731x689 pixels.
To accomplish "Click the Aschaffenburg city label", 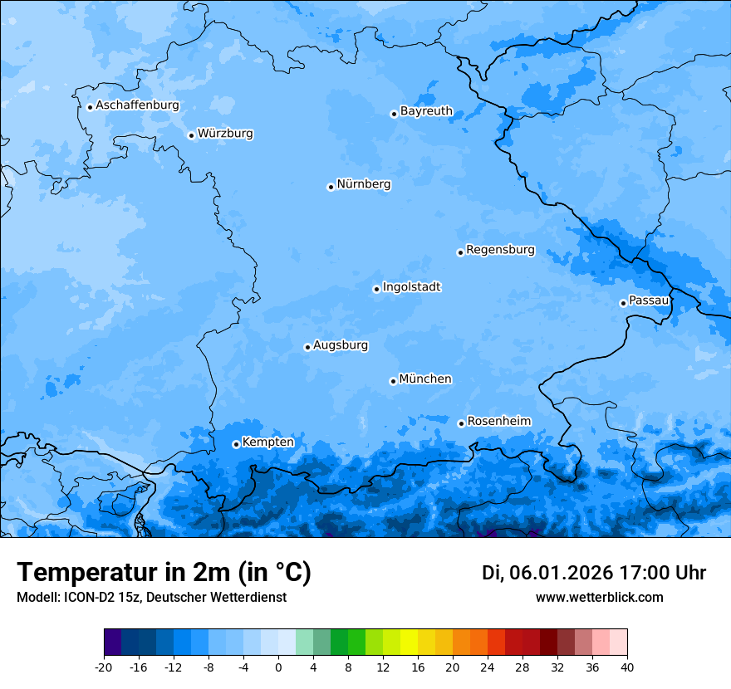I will (x=137, y=105).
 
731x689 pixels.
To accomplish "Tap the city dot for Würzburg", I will (x=191, y=135).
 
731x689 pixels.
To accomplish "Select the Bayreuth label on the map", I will (x=426, y=110).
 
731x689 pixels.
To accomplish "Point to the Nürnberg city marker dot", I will (x=331, y=187).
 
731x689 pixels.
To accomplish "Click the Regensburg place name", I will (x=500, y=249).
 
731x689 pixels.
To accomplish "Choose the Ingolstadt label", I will (x=411, y=286).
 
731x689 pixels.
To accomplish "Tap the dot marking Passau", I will (x=623, y=303).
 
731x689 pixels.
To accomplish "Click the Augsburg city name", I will (x=341, y=344).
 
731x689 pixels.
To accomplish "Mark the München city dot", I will (x=393, y=381).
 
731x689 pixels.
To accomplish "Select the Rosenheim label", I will (x=498, y=421).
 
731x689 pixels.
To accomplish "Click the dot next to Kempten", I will (x=236, y=444).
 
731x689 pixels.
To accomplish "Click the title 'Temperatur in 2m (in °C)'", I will (x=164, y=573).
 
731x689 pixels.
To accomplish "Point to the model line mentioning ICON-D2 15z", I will (x=151, y=598).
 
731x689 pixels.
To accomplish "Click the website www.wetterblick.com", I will (x=599, y=598).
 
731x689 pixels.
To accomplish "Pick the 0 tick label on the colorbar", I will (x=278, y=667).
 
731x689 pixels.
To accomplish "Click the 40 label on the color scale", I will (x=626, y=667).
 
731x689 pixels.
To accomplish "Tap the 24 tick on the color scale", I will (x=487, y=667).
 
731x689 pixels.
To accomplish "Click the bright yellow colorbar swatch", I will (x=409, y=643).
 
